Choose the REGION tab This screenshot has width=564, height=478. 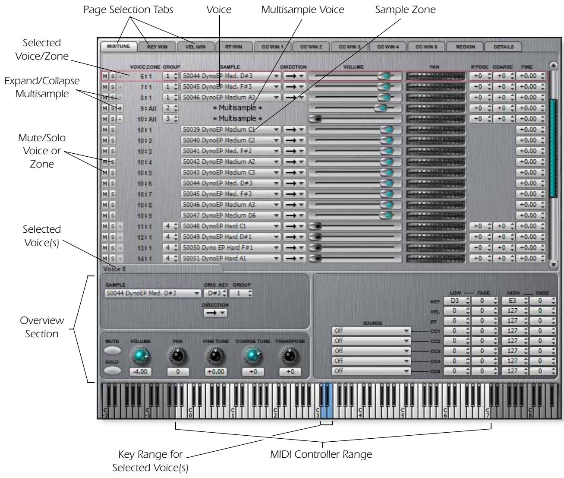point(464,47)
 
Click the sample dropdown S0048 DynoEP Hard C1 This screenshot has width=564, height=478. point(231,226)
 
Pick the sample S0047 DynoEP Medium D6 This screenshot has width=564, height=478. point(231,215)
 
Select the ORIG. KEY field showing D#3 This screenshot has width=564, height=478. point(214,294)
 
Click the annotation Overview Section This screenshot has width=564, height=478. point(43,327)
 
